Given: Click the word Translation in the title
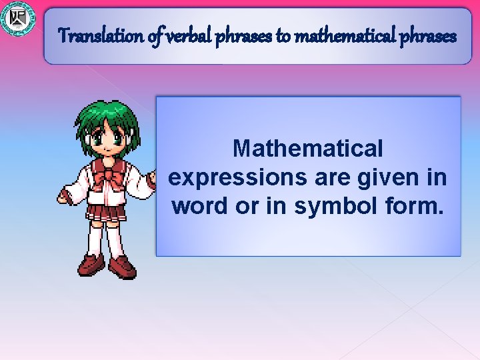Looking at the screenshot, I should [x=100, y=35].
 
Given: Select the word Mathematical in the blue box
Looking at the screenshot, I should [x=308, y=148].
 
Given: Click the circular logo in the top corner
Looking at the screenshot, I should [x=17, y=18].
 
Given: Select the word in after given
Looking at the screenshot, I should [x=436, y=178].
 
